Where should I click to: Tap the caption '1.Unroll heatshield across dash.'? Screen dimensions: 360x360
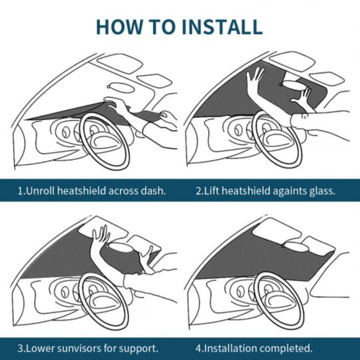tap(92, 191)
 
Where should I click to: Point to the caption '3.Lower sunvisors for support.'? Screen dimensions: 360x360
tap(88, 348)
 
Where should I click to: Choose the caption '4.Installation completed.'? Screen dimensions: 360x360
tap(253, 348)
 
